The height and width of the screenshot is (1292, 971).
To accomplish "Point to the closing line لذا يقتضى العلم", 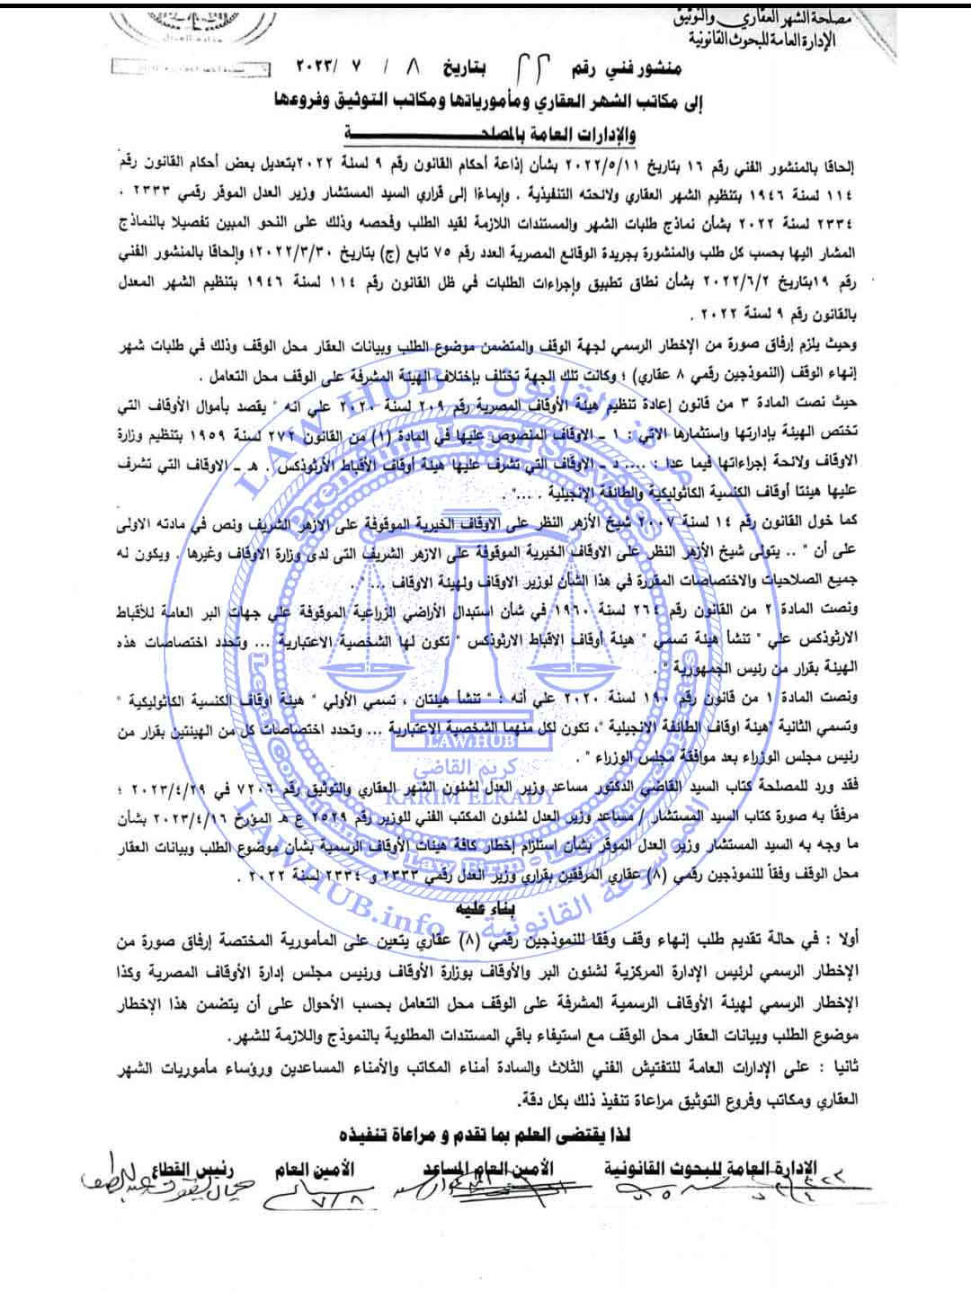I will pyautogui.click(x=486, y=1129).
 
